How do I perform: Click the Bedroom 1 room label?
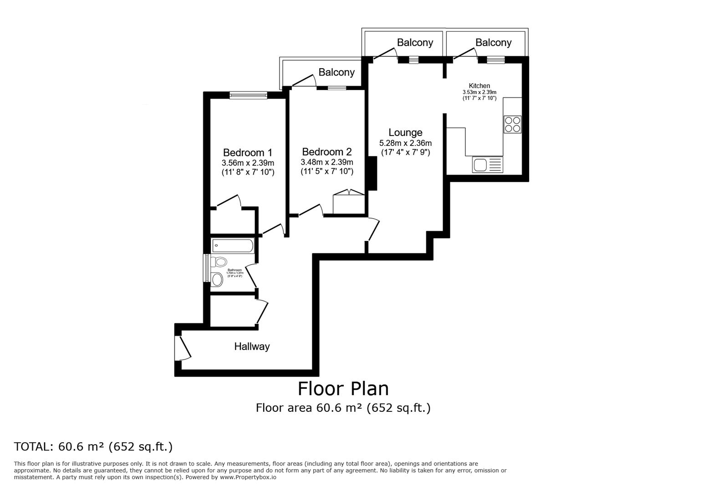tap(248, 152)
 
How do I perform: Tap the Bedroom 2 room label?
tap(326, 152)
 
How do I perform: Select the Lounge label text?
tap(405, 132)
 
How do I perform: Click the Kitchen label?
tap(479, 85)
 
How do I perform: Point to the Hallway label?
tap(252, 346)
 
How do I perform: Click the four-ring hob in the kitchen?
tap(512, 124)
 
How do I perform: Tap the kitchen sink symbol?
tap(487, 165)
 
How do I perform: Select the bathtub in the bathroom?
tap(232, 246)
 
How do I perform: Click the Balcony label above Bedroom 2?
tap(336, 72)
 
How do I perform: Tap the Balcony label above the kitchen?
tap(493, 42)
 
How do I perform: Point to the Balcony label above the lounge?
tap(415, 42)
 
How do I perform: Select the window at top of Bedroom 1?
tap(248, 95)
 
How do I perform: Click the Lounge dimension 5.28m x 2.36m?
tap(405, 143)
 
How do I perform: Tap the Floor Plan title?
tap(343, 389)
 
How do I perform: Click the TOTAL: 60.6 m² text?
tap(93, 446)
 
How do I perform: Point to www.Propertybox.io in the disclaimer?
tap(248, 477)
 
